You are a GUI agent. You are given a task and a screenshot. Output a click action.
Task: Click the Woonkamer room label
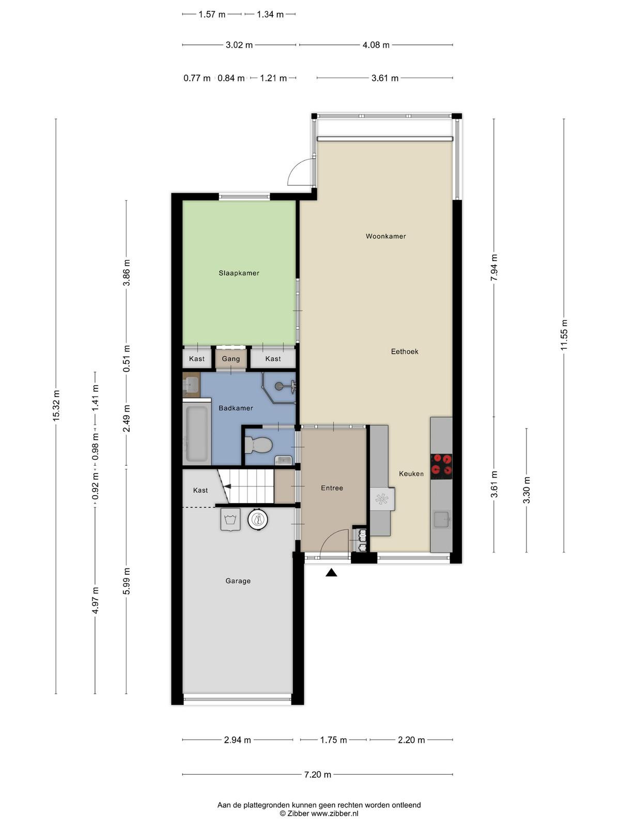[x=385, y=236]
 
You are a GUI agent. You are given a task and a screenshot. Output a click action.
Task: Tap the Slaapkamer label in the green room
[x=239, y=273]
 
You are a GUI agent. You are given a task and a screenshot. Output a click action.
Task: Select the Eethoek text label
[x=405, y=351]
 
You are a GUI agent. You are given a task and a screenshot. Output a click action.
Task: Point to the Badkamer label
[x=236, y=408]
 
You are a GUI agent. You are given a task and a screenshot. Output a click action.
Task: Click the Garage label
[x=238, y=581]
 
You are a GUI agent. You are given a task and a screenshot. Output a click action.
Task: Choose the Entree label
[x=332, y=488]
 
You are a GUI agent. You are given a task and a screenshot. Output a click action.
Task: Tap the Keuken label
[x=411, y=473]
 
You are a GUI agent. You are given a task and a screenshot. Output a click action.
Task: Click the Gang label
[x=231, y=359]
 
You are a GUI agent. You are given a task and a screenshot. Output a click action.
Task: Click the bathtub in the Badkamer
[x=197, y=434]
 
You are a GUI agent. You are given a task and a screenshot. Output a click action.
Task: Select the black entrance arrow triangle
[x=331, y=573]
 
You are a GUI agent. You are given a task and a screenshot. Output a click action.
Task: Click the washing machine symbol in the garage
[x=230, y=519]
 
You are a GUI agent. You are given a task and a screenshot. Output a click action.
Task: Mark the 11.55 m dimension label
[x=564, y=335]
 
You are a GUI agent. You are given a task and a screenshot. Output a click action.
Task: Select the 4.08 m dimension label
[x=376, y=45]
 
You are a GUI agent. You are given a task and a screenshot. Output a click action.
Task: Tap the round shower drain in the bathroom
[x=279, y=386]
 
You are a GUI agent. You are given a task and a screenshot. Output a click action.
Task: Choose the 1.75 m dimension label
[x=333, y=740]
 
